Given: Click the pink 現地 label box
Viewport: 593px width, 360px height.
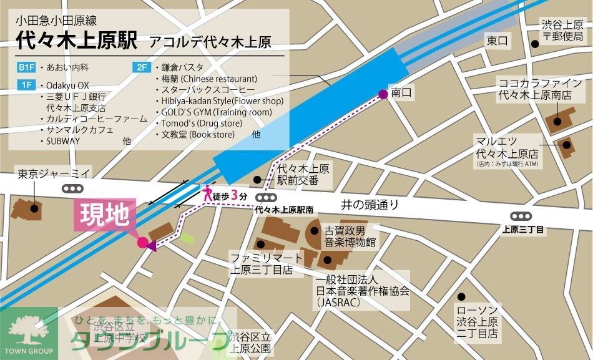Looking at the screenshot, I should [104, 215].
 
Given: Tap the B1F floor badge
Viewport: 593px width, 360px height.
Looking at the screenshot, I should [27, 66].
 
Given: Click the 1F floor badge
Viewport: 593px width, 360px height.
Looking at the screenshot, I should [27, 84].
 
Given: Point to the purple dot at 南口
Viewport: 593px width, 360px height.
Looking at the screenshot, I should [383, 95].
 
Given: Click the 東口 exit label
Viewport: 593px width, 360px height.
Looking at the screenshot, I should [497, 41].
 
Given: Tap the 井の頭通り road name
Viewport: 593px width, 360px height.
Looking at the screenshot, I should [370, 205].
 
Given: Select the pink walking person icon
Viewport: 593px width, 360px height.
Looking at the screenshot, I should [207, 193].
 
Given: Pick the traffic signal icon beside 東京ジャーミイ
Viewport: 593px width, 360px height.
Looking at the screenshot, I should [73, 188].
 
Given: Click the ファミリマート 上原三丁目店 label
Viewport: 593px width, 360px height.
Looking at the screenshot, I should [261, 263].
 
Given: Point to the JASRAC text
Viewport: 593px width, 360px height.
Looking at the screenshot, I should [338, 301].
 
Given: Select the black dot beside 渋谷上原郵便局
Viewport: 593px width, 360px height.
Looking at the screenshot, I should [535, 44].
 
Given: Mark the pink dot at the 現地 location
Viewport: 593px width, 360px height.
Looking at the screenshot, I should [142, 242].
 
